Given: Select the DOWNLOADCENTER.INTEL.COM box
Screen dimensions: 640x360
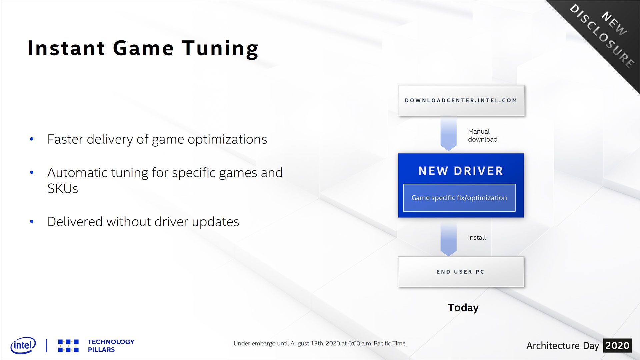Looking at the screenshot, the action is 461,100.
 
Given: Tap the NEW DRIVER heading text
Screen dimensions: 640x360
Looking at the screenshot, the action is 461,171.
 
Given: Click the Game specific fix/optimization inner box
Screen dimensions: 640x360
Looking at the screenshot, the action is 459,198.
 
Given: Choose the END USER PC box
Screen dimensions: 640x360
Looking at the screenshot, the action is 461,272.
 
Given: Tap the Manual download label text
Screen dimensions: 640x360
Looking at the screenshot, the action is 483,135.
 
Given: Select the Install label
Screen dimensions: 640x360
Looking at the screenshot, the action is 477,238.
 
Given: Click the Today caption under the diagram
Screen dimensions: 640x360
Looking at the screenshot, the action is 463,308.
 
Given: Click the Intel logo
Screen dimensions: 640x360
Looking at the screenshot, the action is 23,345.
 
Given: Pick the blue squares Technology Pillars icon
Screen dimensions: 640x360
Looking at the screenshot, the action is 68,346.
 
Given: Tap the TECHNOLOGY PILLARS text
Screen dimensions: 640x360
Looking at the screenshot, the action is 111,346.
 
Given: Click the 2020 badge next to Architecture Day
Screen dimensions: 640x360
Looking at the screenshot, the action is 617,346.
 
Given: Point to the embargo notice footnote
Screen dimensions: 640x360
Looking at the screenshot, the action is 320,343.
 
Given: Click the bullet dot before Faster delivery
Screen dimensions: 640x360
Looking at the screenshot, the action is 32,139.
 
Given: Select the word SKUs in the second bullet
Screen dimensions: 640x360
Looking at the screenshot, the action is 63,189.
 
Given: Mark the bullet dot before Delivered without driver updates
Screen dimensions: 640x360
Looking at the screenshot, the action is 32,222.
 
